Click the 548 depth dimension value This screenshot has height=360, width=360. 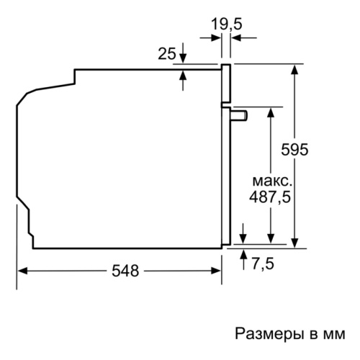125,271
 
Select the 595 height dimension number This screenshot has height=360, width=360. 294,150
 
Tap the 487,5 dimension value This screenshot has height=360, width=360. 270,197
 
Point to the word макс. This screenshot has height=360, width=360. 272,181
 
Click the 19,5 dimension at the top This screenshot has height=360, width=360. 227,24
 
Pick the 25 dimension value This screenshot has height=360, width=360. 167,53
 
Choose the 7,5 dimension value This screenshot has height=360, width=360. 263,264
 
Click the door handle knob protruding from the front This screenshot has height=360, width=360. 239,115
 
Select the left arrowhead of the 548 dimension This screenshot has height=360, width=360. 22,271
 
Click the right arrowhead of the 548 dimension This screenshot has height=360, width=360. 215,271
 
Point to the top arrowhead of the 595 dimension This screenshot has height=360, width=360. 294,69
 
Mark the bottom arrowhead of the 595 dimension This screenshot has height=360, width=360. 294,243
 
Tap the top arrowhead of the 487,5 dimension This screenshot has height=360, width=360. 271,112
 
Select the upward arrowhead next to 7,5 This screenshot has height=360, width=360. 243,254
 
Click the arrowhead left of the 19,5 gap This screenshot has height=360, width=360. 216,37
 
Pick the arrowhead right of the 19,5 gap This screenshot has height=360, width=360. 235,37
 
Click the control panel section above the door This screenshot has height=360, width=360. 226,84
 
